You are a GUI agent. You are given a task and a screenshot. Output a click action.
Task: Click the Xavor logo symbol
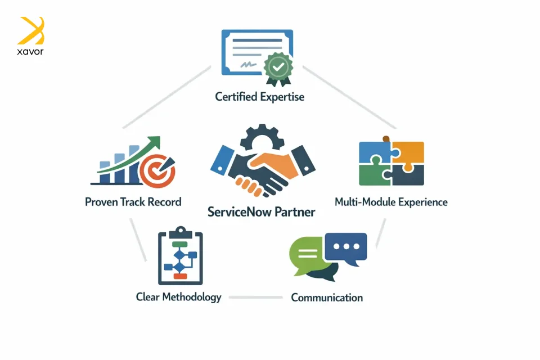pos(31,30)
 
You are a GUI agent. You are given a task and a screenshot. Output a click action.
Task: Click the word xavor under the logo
pos(30,52)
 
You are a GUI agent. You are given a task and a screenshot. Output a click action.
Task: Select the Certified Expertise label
pos(259,97)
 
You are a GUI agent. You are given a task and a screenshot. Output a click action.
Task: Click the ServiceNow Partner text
pos(261,212)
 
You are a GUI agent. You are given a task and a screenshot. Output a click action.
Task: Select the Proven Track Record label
pos(133,201)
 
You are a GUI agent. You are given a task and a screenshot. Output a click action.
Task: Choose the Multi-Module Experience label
pos(391,201)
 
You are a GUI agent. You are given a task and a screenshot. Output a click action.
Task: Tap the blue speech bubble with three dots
pos(346,248)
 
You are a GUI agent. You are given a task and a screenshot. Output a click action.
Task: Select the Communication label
pos(326,298)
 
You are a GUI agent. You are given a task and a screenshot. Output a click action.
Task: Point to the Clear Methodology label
pos(178,297)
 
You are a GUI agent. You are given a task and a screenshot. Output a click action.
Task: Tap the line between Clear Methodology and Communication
pos(255,297)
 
